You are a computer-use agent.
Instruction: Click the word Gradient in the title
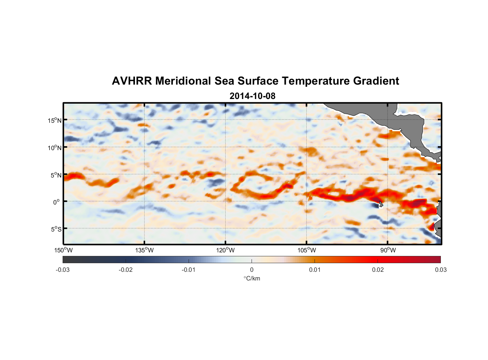[x=376, y=81]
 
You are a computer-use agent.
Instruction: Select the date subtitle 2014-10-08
[x=252, y=96]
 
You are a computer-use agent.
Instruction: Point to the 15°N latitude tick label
[x=55, y=120]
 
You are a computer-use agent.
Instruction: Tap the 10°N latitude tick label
[x=55, y=148]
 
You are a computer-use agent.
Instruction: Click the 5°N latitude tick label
[x=56, y=175]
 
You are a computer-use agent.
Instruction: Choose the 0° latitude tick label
[x=57, y=202]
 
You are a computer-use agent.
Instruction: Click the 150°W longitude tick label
[x=63, y=250]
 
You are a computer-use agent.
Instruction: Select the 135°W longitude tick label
[x=144, y=250]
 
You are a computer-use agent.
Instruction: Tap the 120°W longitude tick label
[x=225, y=250]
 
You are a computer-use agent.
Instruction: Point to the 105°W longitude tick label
[x=307, y=250]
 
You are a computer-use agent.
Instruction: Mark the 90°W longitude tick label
[x=388, y=250]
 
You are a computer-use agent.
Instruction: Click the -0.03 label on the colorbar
[x=63, y=270]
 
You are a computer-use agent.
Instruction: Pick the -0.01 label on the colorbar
[x=189, y=270]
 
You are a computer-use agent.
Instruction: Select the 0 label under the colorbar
[x=252, y=270]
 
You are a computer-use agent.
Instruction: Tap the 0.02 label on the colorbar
[x=378, y=270]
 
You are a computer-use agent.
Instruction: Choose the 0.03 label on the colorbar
[x=440, y=270]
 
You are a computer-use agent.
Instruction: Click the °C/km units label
[x=252, y=278]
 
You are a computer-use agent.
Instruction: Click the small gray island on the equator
[x=380, y=204]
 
